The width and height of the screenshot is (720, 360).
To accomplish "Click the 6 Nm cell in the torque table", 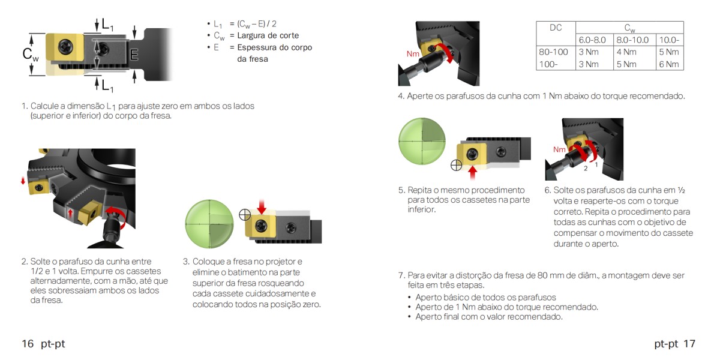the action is (669, 64).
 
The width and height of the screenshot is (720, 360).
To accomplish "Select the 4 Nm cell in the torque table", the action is (626, 52).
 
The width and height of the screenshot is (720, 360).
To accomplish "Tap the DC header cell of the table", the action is (556, 28).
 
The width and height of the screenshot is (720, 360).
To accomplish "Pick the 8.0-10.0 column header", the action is (632, 40).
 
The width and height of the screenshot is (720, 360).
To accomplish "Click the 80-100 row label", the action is (553, 52).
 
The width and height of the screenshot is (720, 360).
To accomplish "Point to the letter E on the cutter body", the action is (134, 55).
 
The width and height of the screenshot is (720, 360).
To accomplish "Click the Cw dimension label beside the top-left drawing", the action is (31, 54).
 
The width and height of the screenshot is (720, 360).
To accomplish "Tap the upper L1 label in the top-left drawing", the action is (107, 25).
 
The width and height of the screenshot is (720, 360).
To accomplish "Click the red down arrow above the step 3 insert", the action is (262, 206).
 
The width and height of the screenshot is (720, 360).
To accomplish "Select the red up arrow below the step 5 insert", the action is (472, 173).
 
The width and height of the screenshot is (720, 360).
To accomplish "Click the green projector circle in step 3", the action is (209, 224).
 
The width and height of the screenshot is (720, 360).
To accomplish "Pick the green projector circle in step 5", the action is (422, 142).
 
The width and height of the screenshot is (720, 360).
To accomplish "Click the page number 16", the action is (28, 344).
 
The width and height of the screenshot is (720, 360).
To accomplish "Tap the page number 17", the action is (689, 344).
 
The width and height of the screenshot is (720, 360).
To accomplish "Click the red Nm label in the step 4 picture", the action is (413, 53).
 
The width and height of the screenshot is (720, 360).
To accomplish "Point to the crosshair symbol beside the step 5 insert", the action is (456, 166).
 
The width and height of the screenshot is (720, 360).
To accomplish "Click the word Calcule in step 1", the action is (44, 106).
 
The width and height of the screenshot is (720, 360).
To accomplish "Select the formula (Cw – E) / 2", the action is (257, 24).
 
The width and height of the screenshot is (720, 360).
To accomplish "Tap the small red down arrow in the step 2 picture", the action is (23, 181).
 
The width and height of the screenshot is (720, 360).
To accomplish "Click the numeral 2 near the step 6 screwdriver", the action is (586, 169).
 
